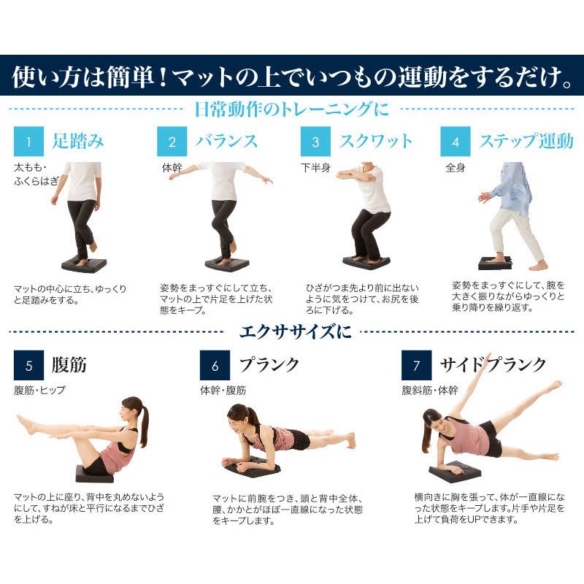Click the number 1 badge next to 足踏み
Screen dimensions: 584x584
pyautogui.click(x=30, y=141)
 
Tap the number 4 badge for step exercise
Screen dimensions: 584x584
pyautogui.click(x=456, y=141)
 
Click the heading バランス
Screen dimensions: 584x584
pyautogui.click(x=226, y=141)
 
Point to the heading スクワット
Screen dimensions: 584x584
pyautogui.click(x=376, y=141)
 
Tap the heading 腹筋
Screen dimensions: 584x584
pyautogui.click(x=69, y=364)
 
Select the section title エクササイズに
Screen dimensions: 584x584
pyautogui.click(x=296, y=332)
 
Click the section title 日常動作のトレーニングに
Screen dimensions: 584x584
pyautogui.click(x=292, y=109)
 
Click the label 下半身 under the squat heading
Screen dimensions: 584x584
pyautogui.click(x=315, y=167)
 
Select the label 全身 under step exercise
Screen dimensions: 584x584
pyautogui.click(x=456, y=167)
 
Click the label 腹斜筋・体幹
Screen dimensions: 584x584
pyautogui.click(x=430, y=391)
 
